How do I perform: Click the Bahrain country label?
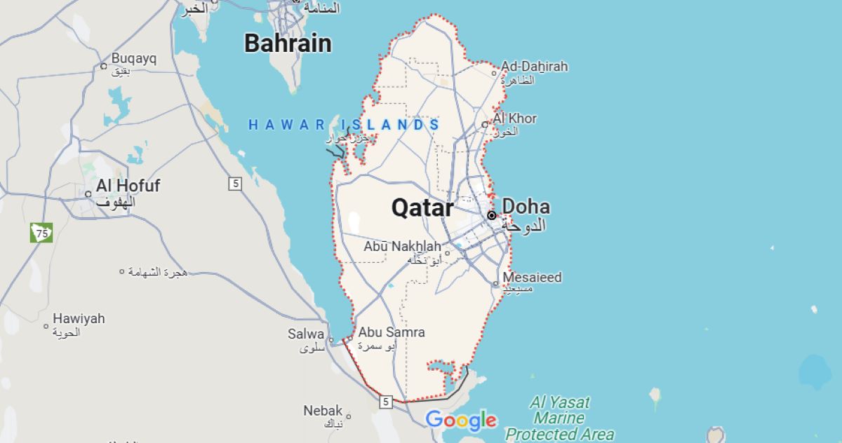pos(288,43)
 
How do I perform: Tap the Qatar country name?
pos(422,207)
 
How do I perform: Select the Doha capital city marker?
pos(491,215)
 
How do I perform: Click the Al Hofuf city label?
pos(128,186)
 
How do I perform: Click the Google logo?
pos(461,420)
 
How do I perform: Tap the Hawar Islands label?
pos(345,125)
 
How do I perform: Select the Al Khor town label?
pos(514,118)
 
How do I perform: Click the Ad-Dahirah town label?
pos(534,67)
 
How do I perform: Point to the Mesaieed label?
pos(532,278)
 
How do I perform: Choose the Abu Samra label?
pos(392,332)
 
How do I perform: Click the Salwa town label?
pos(306,334)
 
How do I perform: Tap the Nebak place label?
pos(323,411)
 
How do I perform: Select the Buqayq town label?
pos(133,59)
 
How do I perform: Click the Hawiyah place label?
pos(79,319)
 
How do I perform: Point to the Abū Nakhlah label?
pos(403,247)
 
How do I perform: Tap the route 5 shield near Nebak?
pos(385,402)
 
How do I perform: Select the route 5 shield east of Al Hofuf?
pos(234,184)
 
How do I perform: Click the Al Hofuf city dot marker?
pos(88,194)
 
